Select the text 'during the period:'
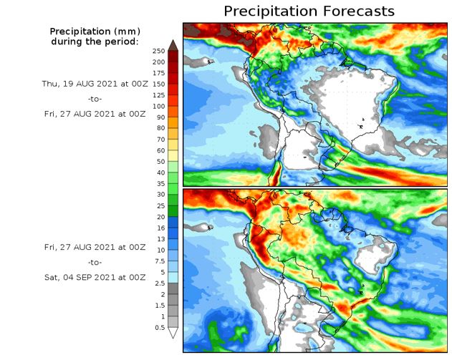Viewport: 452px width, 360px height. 95,42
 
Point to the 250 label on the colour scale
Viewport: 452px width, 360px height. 159,51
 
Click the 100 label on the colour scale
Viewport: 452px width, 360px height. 159,106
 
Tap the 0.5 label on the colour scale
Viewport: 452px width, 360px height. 159,327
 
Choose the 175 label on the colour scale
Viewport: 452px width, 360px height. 159,73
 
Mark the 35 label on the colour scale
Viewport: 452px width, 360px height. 159,183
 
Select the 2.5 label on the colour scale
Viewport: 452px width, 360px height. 159,283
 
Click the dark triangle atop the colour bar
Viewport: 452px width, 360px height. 173,46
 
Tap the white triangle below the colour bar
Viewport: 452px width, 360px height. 173,333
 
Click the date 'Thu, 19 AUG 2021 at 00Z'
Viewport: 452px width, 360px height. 94,83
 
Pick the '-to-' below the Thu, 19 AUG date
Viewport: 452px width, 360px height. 94,99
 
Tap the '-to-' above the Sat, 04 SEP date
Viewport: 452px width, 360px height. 94,262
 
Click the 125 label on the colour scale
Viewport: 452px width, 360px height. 159,95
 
